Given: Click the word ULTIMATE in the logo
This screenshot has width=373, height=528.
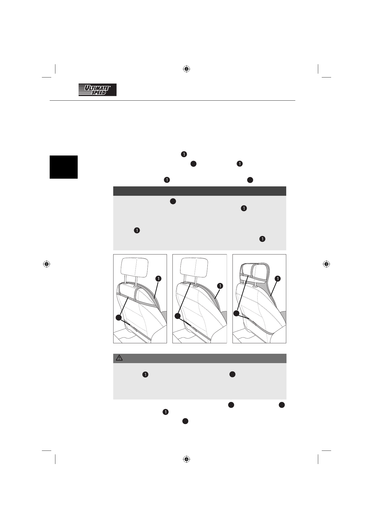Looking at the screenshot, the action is pyautogui.click(x=97, y=88).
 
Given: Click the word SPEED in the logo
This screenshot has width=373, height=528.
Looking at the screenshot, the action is pyautogui.click(x=98, y=93).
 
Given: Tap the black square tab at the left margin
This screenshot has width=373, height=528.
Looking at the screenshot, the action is pyautogui.click(x=64, y=167).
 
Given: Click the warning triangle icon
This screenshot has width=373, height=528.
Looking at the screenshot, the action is pyautogui.click(x=119, y=358).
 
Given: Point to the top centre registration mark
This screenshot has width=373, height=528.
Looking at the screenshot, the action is pyautogui.click(x=186, y=69).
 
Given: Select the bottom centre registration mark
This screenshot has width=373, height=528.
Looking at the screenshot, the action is pyautogui.click(x=186, y=459).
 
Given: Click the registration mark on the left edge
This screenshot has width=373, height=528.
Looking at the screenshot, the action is pyautogui.click(x=47, y=264).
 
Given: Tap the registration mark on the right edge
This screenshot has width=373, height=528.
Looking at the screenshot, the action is pyautogui.click(x=326, y=264).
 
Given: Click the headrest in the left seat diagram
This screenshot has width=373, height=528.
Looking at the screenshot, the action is pyautogui.click(x=135, y=267).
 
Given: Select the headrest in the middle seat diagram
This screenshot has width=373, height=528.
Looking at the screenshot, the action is pyautogui.click(x=194, y=267).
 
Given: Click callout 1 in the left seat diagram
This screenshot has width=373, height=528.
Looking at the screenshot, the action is pyautogui.click(x=158, y=278).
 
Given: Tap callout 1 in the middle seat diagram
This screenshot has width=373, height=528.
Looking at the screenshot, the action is pyautogui.click(x=220, y=286).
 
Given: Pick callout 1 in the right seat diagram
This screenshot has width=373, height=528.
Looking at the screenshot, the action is pyautogui.click(x=278, y=278).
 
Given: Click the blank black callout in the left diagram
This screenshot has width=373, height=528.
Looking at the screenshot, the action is pyautogui.click(x=118, y=317).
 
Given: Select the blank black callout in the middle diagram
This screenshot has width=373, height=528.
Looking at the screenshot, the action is pyautogui.click(x=178, y=315).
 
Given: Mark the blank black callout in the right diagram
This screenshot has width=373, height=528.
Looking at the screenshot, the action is pyautogui.click(x=236, y=313).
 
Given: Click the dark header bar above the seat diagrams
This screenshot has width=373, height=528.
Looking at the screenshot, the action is pyautogui.click(x=200, y=191).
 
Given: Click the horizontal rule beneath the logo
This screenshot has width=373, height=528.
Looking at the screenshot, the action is pyautogui.click(x=172, y=101).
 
